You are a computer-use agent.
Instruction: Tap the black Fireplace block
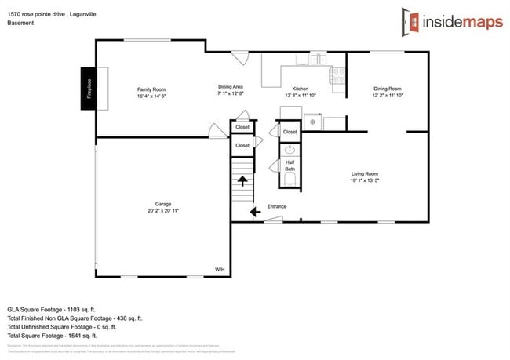(x=88, y=84)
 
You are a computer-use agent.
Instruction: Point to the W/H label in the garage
(x=219, y=270)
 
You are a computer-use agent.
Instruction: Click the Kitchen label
(x=301, y=89)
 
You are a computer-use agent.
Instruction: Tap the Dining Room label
(x=387, y=89)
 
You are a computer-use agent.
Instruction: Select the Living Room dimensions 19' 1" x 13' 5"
(x=364, y=180)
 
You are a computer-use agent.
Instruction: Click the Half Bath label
(x=290, y=165)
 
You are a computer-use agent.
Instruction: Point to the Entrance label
(x=277, y=207)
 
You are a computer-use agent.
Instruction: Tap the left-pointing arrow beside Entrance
(x=255, y=211)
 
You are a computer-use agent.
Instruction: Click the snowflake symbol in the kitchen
(x=312, y=122)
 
